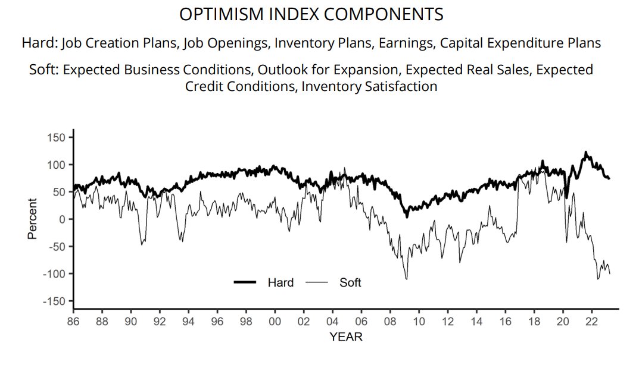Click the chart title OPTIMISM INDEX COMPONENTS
[311, 14]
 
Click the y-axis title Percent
[32, 219]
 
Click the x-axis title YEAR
[345, 337]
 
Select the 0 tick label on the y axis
[61, 219]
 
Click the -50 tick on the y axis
[56, 246]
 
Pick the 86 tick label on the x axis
[73, 321]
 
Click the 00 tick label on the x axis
[275, 321]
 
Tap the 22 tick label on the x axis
[591, 321]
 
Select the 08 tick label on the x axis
[390, 321]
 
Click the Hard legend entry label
[280, 283]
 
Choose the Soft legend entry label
[350, 283]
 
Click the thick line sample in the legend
[245, 283]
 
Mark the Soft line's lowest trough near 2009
[407, 279]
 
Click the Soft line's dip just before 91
[142, 244]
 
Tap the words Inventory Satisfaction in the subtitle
[369, 86]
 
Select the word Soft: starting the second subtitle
[43, 70]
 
